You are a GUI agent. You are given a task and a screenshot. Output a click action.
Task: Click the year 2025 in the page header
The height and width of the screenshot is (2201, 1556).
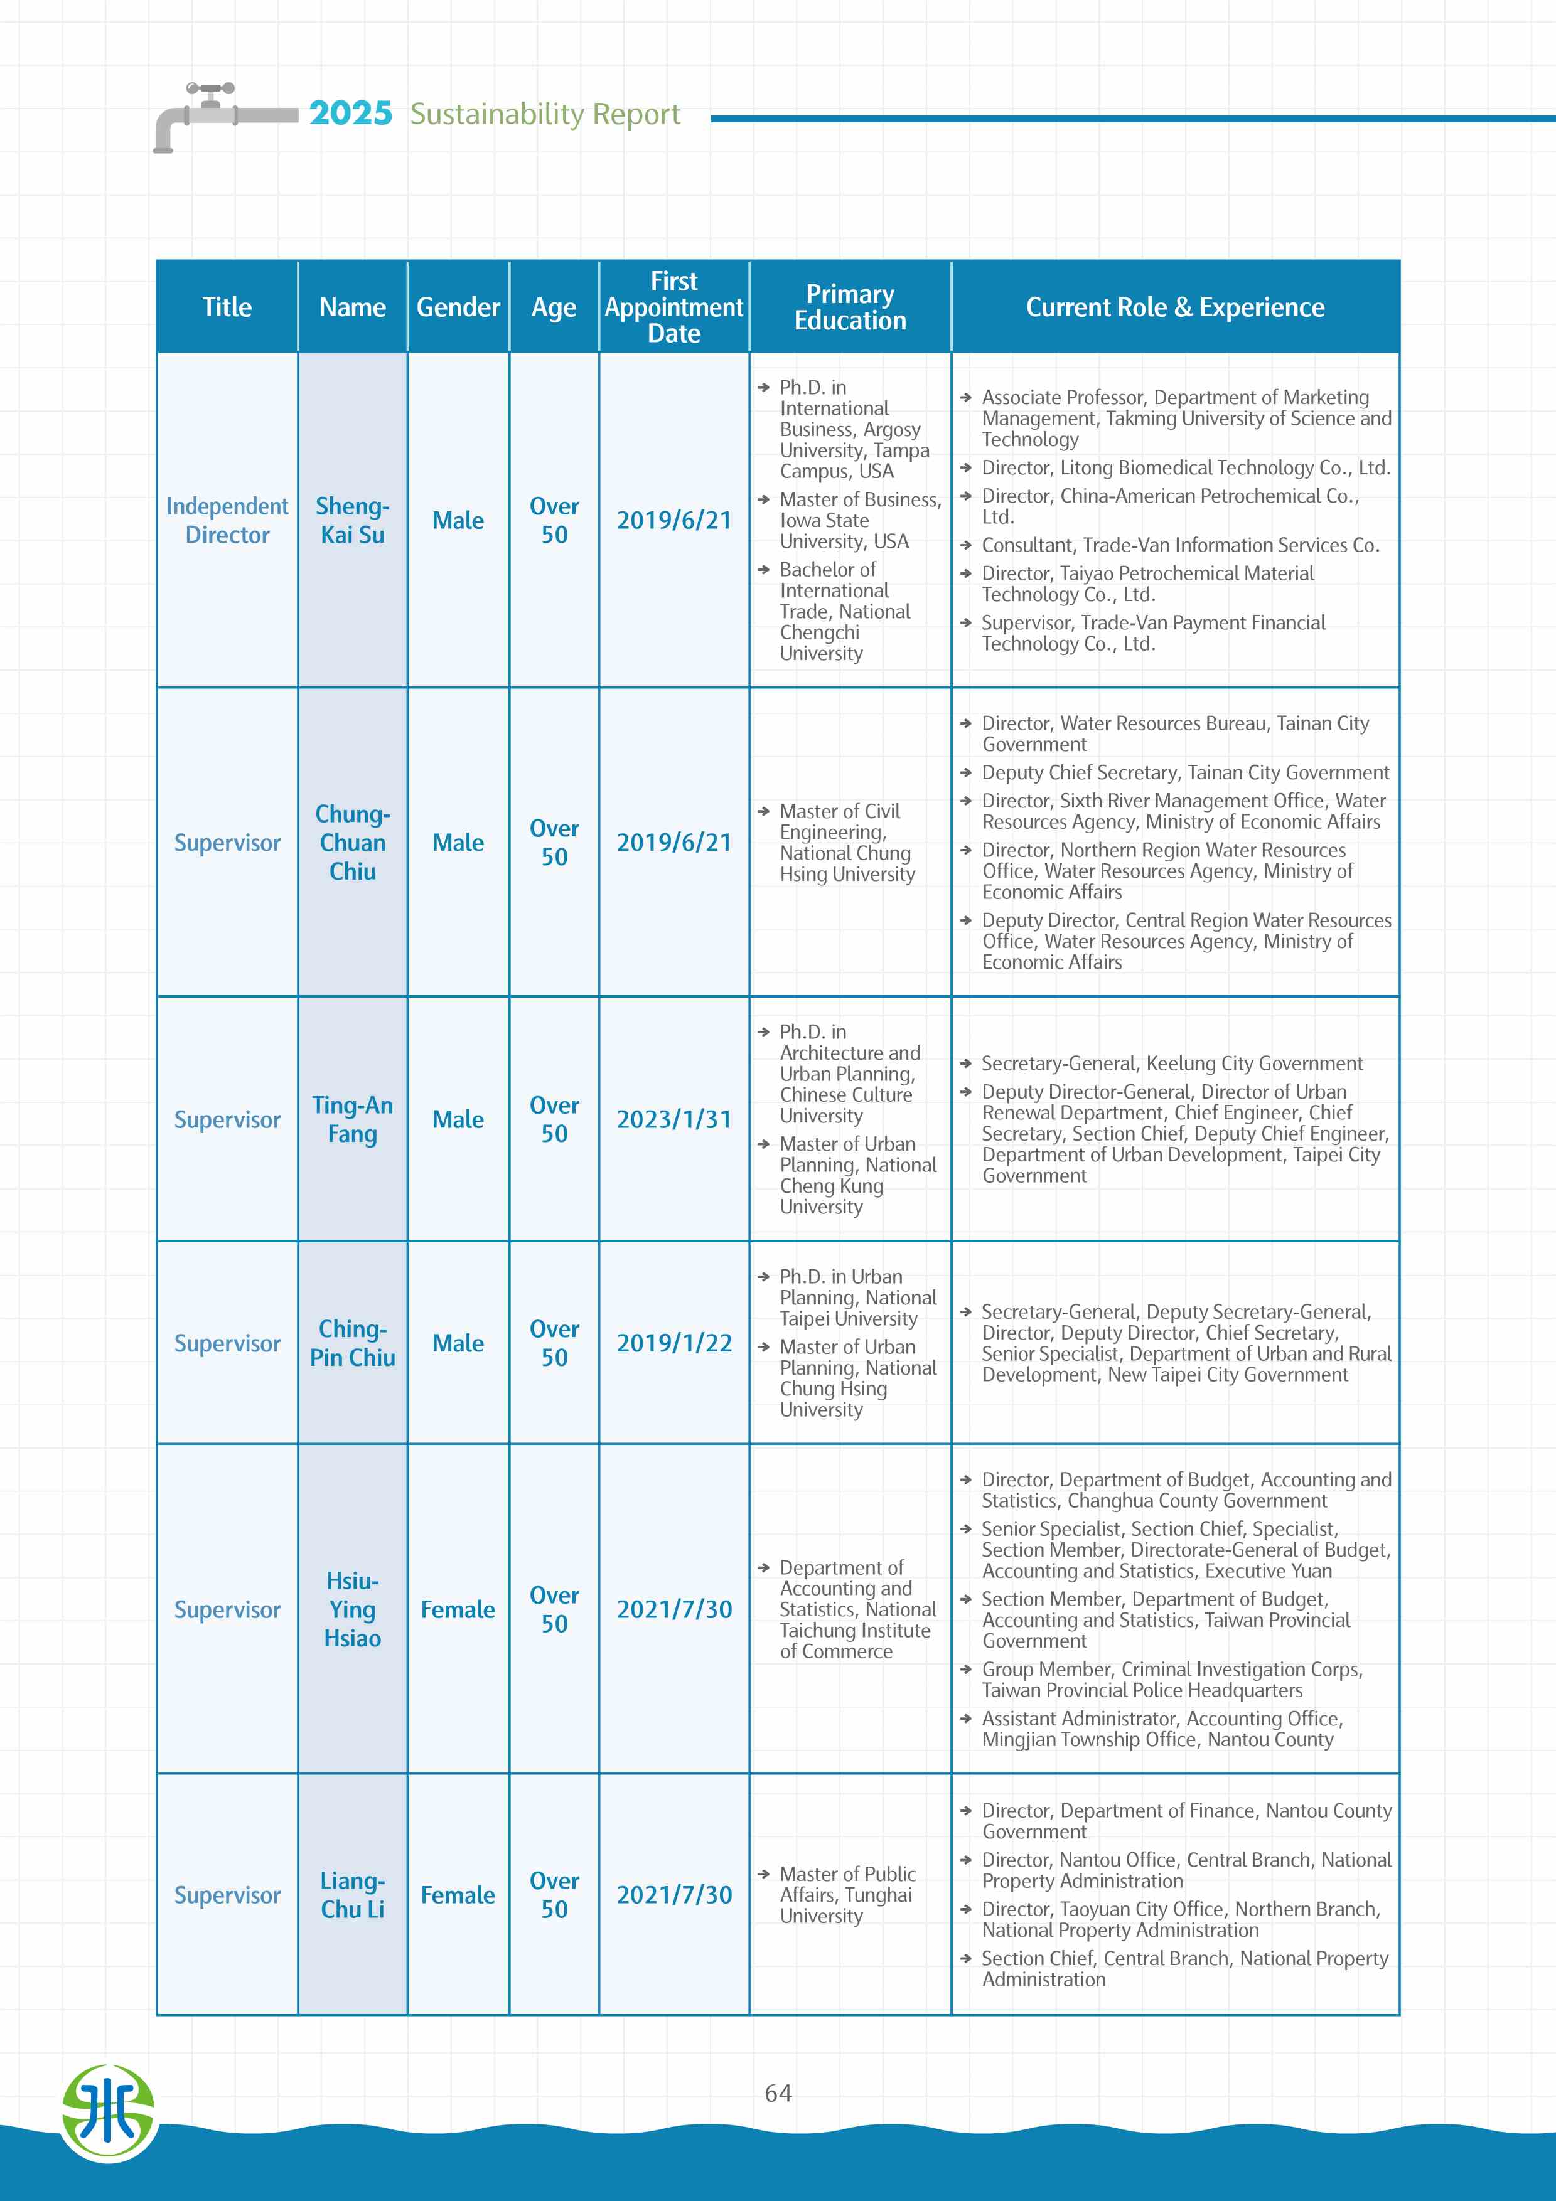[x=350, y=114]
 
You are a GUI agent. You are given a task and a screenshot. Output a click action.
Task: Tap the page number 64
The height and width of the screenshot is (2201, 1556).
[x=778, y=2092]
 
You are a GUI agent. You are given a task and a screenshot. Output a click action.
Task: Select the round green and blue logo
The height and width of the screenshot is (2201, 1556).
[x=109, y=2114]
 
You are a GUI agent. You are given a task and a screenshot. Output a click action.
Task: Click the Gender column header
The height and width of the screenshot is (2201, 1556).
[x=458, y=307]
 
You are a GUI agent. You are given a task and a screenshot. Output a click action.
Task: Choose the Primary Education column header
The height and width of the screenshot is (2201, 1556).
[x=849, y=307]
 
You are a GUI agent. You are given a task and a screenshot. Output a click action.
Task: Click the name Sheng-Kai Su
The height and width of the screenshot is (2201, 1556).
[x=352, y=521]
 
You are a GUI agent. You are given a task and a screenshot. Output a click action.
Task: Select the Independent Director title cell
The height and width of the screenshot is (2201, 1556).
[x=227, y=521]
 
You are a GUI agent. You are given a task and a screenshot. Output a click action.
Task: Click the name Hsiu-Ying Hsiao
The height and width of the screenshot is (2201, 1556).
[x=352, y=1609]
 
